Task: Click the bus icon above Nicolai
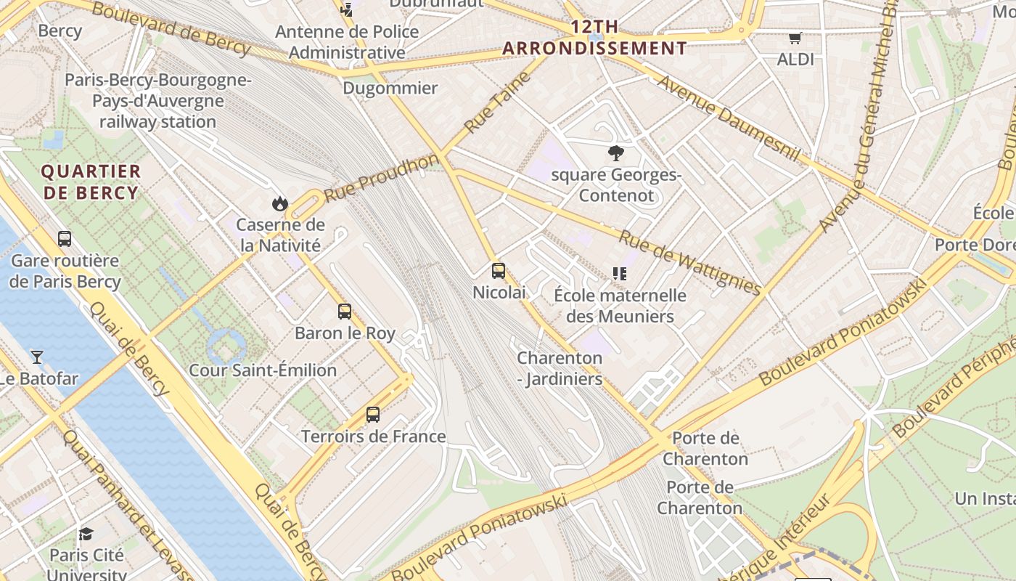[x=499, y=271]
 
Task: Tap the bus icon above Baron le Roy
[x=345, y=312]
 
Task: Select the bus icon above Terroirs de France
[x=373, y=415]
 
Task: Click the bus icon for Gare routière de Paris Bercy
[x=65, y=238]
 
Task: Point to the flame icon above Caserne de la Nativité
[x=280, y=203]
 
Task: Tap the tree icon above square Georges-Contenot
[x=616, y=153]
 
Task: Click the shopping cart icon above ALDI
[x=795, y=38]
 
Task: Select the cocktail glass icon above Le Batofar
[x=37, y=357]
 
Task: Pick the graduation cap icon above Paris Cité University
[x=86, y=534]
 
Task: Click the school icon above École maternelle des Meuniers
[x=619, y=273]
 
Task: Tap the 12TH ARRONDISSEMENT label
[x=594, y=38]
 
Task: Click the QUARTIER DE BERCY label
[x=91, y=182]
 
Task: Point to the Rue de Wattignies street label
[x=689, y=262]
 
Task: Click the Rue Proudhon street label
[x=381, y=178]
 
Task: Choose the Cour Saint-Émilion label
[x=263, y=370]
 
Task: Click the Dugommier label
[x=390, y=89]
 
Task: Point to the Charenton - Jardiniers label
[x=560, y=368]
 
